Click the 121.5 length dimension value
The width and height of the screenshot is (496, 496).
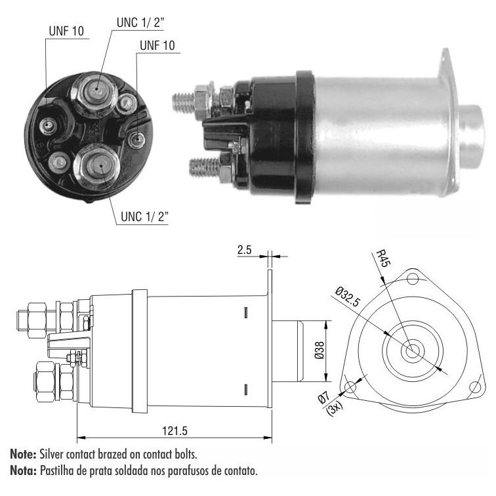175,431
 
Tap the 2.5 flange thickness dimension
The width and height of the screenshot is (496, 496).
244,250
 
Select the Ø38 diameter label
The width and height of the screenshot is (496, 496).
320,350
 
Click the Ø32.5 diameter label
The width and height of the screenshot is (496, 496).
348,297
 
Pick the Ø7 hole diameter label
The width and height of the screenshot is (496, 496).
324,398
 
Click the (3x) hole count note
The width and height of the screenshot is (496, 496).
335,409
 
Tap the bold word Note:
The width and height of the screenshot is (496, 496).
23,454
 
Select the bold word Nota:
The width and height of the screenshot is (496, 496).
24,470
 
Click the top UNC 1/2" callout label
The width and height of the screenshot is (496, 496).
141,22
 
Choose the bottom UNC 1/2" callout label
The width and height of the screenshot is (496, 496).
144,217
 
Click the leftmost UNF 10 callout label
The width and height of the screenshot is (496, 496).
66,31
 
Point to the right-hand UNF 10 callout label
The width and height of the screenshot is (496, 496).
157,45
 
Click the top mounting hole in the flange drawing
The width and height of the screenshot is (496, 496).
412,279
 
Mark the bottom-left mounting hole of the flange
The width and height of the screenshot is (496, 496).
350,386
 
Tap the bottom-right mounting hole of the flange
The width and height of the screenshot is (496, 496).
474,386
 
